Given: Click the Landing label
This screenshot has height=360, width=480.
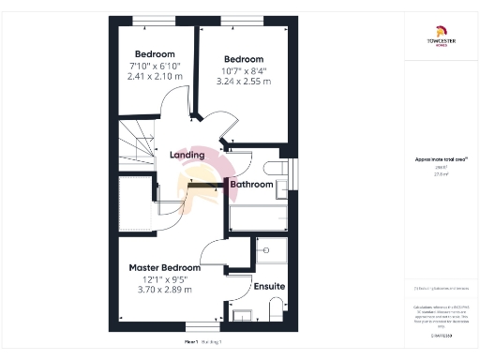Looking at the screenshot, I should (x=187, y=155).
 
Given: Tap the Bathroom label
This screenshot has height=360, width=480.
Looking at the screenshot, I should (x=251, y=185).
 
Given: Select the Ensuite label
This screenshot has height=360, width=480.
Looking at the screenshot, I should (x=269, y=285).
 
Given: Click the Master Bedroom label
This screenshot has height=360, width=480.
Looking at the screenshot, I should (x=164, y=267).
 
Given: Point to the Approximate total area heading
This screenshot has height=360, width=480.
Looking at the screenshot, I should (x=435, y=160).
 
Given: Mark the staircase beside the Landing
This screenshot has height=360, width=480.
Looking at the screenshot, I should (x=135, y=145).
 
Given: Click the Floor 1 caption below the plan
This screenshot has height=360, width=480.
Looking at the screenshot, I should (x=203, y=342).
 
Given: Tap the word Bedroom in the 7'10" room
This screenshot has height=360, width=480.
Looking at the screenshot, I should (x=155, y=52).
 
